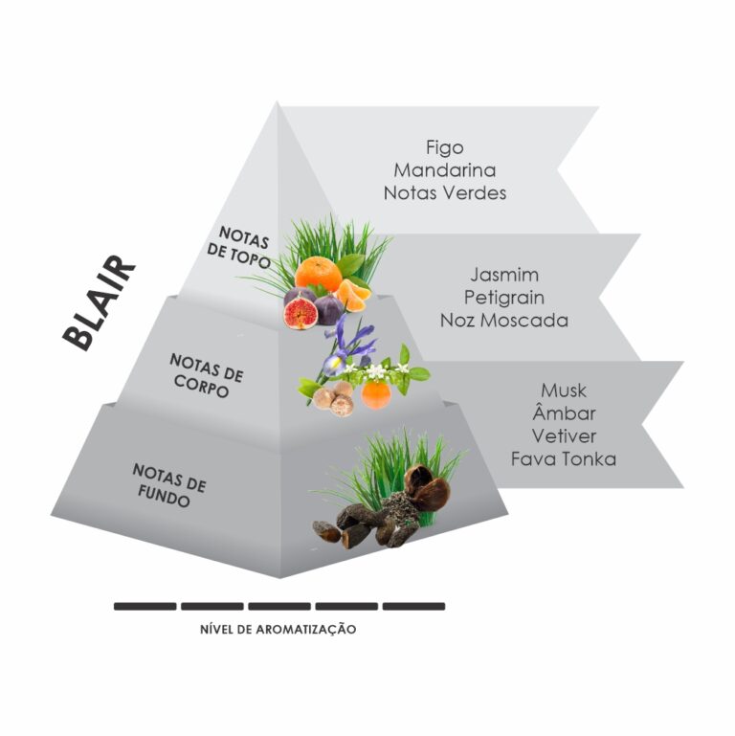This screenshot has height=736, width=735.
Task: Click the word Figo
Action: click(444, 148)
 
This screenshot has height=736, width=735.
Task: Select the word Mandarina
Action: click(444, 170)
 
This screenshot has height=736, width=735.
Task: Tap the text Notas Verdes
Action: click(444, 193)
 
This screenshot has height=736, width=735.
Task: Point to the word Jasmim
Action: click(504, 275)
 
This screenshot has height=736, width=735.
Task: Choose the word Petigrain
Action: click(504, 298)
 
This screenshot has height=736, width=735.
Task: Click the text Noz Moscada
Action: click(504, 320)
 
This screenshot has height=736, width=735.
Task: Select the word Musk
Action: click(564, 390)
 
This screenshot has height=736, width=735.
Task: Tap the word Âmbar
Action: click(564, 413)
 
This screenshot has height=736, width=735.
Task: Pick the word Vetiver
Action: click(564, 436)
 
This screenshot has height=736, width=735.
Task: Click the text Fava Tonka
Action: click(564, 458)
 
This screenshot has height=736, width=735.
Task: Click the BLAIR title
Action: click(99, 303)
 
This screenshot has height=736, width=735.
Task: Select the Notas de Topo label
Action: click(240, 247)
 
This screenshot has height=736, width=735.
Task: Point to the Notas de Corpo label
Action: click(206, 375)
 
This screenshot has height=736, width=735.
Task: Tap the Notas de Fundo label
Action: click(168, 485)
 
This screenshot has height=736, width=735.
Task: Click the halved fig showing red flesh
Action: click(301, 314)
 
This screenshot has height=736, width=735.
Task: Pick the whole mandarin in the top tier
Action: click(319, 274)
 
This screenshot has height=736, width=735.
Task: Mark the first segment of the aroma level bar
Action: click(145, 607)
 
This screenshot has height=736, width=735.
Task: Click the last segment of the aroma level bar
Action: click(414, 607)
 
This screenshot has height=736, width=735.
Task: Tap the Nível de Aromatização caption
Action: click(278, 629)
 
